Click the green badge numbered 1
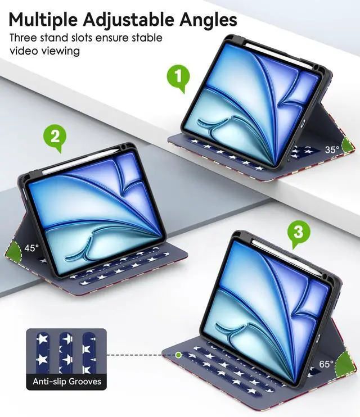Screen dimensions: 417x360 point(178,79)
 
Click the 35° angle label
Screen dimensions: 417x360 point(332,149)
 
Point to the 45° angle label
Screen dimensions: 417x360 point(31,247)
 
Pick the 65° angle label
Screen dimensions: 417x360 point(327,364)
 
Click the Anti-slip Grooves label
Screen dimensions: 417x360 point(67,382)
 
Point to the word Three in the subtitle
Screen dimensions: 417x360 point(24,38)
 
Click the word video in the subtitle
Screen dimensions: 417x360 point(24,51)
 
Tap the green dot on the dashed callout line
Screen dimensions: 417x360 point(178,355)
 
